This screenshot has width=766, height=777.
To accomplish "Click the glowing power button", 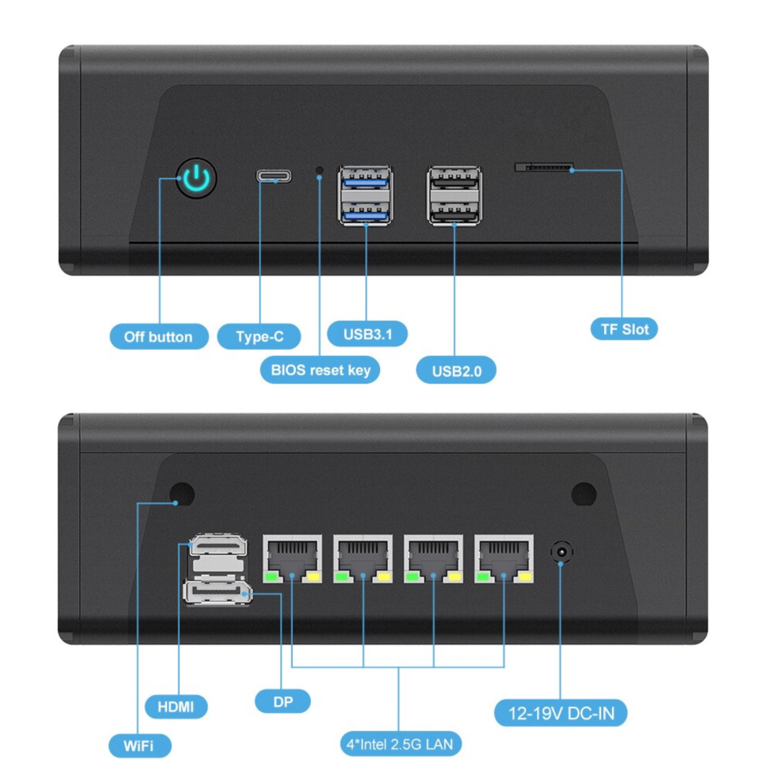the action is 197,178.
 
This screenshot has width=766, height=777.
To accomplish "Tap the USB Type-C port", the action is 274,176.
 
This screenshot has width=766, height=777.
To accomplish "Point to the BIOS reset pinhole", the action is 320,171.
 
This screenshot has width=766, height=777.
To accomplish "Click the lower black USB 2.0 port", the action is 454,212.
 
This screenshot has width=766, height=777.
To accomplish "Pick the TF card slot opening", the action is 544,167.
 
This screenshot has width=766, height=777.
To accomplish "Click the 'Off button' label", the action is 158,337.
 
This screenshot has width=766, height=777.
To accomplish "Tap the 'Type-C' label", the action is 259,337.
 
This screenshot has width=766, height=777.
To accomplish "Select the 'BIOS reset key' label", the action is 320,371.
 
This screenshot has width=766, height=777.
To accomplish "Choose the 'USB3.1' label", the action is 367,334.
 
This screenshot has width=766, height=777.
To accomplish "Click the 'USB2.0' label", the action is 456,371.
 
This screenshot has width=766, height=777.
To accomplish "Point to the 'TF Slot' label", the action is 624,329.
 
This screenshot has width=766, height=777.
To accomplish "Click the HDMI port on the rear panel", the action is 219,545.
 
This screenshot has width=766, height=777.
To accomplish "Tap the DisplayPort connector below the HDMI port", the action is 217,591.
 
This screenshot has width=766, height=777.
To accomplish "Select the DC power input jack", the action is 562,552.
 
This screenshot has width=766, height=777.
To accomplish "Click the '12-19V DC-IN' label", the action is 561,713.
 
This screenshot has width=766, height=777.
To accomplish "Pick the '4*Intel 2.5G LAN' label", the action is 400,745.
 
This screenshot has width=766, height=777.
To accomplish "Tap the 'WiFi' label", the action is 140,746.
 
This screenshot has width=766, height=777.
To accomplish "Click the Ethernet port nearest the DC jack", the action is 504,558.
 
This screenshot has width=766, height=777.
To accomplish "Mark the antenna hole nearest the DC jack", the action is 584,494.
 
